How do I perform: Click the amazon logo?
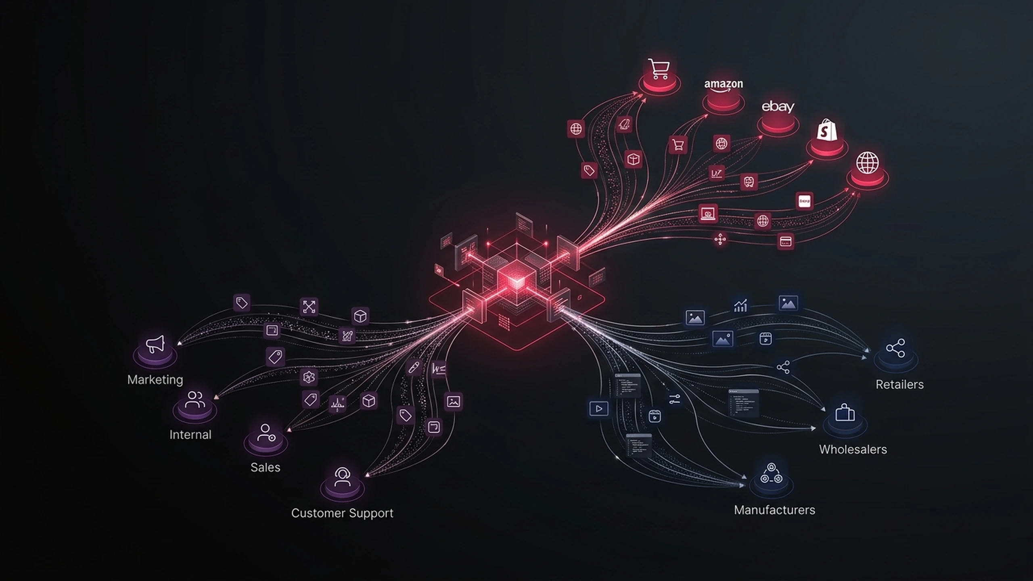724,85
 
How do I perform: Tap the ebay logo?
778,107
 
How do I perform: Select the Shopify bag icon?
826,130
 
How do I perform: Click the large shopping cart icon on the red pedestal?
659,69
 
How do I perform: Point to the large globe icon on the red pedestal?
868,163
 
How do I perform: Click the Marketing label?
155,380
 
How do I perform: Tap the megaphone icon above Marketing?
155,344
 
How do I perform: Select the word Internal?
190,435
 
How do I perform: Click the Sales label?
265,467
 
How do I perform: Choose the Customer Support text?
342,513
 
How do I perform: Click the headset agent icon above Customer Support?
342,477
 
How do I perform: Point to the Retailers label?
899,385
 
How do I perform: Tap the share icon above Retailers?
895,348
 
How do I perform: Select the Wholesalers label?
853,449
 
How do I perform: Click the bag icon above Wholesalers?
845,413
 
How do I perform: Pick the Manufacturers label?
774,510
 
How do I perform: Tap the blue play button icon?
599,409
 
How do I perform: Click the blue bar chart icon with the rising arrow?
740,306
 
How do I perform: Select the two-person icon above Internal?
195,399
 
